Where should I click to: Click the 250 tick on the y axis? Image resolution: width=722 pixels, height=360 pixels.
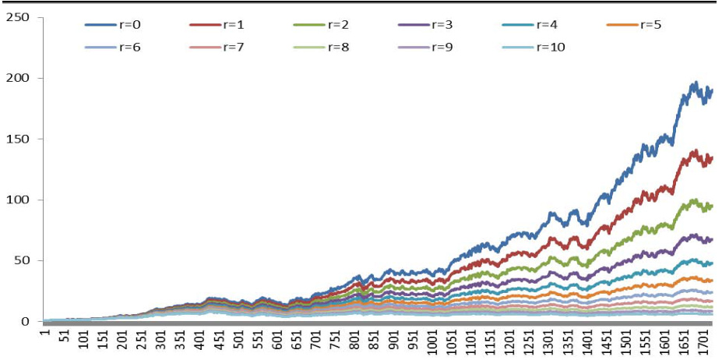click(19, 17)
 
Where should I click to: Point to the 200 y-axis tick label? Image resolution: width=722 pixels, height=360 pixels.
click(19, 78)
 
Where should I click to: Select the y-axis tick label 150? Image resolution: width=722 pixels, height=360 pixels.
click(19, 139)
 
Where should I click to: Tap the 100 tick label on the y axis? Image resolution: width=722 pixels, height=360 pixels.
click(19, 199)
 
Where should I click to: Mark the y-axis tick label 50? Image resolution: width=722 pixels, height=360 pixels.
click(22, 260)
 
